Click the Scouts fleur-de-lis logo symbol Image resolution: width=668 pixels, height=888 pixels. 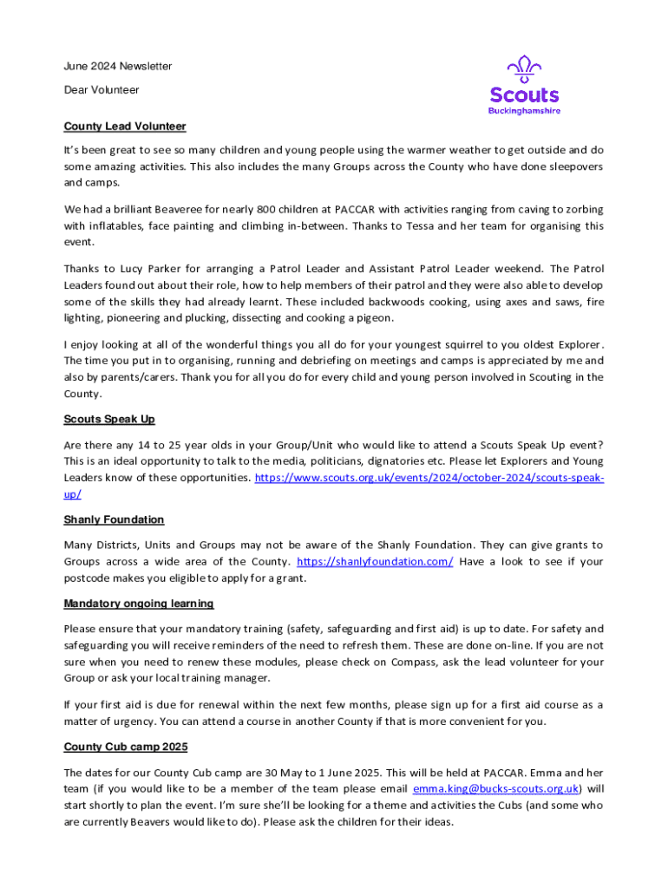click(524, 69)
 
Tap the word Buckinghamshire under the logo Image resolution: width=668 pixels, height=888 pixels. click(524, 111)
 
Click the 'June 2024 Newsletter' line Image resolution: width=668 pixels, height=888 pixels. click(118, 66)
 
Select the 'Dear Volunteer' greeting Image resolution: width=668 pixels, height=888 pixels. click(102, 90)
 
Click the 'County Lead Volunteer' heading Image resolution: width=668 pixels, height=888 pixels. click(125, 127)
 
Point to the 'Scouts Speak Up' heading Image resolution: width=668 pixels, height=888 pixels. click(109, 420)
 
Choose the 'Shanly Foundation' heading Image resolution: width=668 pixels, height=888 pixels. click(114, 520)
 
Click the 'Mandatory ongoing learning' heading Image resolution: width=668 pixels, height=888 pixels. click(139, 604)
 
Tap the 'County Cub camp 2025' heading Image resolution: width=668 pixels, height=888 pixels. click(126, 747)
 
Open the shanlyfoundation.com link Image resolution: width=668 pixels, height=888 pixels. click(375, 562)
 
